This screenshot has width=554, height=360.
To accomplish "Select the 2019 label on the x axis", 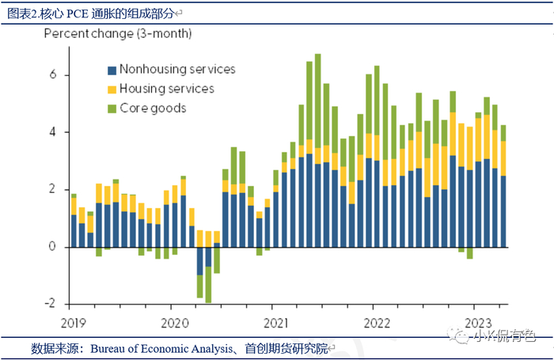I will click(x=74, y=323).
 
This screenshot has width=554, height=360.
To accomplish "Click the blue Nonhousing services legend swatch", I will click(x=112, y=70).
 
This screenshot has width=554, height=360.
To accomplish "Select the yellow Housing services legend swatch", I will click(x=112, y=89).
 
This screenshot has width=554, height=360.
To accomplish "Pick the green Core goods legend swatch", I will click(x=112, y=108).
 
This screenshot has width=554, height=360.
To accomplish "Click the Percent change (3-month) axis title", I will click(x=118, y=34).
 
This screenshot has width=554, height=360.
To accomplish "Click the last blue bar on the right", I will click(x=503, y=211).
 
